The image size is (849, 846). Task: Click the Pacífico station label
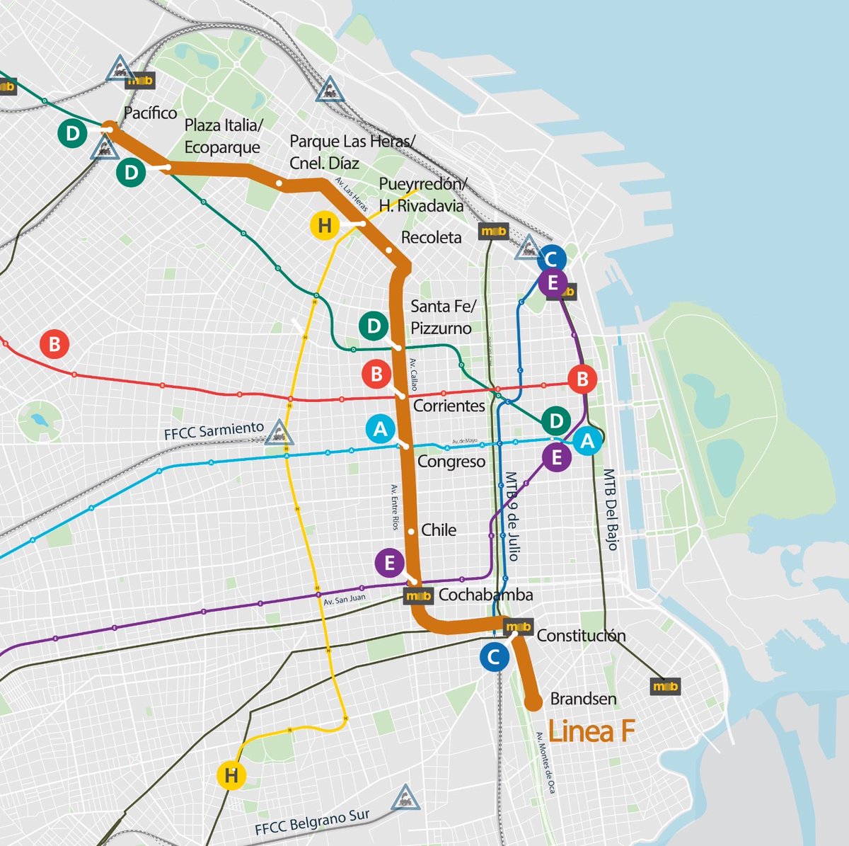tap(150, 113)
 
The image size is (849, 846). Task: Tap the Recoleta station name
tap(431, 238)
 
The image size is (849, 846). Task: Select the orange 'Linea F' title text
tap(591, 731)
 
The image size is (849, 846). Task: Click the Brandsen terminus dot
tap(534, 702)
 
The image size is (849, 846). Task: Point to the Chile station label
tap(439, 530)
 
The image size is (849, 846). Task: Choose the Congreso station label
tap(451, 462)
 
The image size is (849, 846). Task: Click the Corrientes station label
tap(449, 406)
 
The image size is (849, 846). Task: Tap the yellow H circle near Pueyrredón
tap(325, 226)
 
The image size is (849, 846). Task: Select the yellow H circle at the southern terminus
tap(231, 776)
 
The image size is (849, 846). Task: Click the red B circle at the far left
tap(54, 345)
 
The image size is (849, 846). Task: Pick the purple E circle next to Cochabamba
tap(389, 564)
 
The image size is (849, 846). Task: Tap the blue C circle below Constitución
tap(494, 657)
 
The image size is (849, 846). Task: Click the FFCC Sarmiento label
tap(214, 430)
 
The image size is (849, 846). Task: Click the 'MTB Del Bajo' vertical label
tap(611, 509)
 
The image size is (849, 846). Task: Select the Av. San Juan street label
tap(344, 599)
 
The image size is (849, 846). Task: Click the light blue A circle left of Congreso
tap(381, 429)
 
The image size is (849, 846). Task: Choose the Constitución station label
tap(581, 635)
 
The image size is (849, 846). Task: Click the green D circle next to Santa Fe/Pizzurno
tap(374, 326)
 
